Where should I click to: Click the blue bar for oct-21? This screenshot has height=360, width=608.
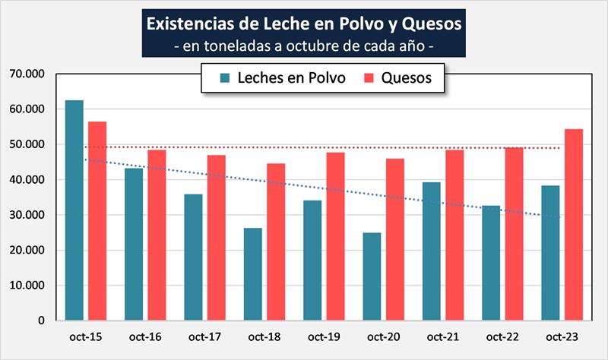point(432,251)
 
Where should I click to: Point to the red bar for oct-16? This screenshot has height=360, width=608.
point(157,235)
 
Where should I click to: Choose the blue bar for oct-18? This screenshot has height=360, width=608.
point(253,274)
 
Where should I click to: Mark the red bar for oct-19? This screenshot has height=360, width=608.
point(335,236)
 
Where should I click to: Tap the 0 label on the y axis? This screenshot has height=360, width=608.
point(43,321)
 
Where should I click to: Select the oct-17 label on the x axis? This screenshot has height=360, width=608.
point(204,336)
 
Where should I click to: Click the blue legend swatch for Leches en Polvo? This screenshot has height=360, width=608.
point(225,77)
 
